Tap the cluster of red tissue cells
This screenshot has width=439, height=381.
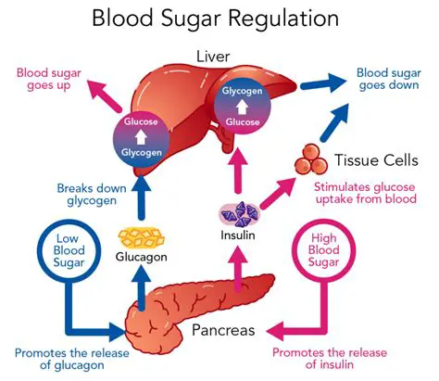click(x=315, y=159)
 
